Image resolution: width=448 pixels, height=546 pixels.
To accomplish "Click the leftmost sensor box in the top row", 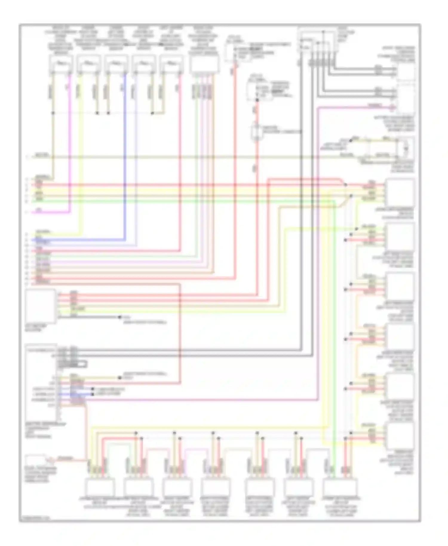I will pos(61,65).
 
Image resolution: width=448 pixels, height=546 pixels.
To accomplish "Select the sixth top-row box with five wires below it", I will pos(204,64).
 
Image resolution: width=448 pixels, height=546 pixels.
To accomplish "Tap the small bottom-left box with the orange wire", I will pos(35,460).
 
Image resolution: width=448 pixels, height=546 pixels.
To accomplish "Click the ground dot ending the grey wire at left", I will pos(120,317).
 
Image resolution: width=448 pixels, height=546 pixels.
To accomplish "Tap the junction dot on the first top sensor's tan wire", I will pos(53,113).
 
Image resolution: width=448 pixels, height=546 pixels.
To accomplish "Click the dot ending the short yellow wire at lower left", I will pos(120,378).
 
